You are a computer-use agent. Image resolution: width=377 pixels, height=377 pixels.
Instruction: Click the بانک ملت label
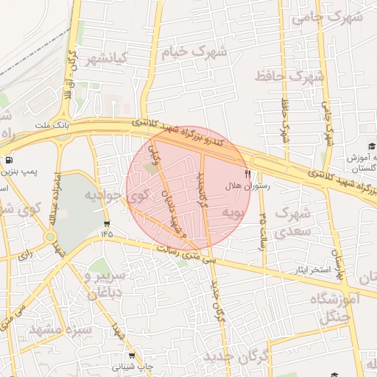click(x=51, y=126)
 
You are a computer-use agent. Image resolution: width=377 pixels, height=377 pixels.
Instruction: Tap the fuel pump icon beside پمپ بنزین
click(x=8, y=159)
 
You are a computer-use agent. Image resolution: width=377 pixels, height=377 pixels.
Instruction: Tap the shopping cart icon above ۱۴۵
click(x=108, y=223)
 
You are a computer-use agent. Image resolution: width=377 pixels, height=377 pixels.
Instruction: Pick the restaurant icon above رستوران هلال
click(x=247, y=175)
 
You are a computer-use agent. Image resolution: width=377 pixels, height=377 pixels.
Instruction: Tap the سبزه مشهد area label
click(x=60, y=329)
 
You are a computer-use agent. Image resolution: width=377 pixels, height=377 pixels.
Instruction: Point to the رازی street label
click(x=24, y=256)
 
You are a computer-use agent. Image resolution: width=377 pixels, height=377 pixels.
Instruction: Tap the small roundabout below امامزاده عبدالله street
click(x=51, y=237)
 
